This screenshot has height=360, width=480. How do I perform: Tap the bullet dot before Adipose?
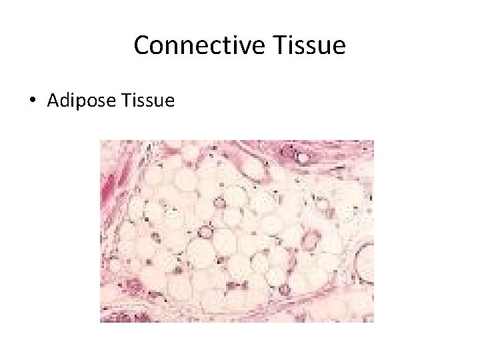tap(32, 101)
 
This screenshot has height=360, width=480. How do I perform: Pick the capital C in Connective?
tap(142, 45)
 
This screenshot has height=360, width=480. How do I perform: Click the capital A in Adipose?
tap(53, 101)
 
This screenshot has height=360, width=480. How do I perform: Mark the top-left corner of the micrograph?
tap(100, 140)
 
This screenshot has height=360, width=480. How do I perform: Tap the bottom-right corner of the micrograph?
tap(373, 322)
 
